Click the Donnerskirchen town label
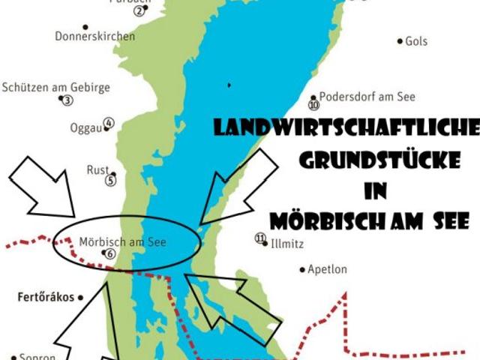tap(95, 36)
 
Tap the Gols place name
tap(416, 41)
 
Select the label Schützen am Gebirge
tap(56, 87)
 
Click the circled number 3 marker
tap(67, 100)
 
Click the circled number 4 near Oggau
tap(109, 123)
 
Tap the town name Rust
tap(97, 169)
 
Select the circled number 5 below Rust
tap(111, 180)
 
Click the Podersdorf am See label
tap(367, 97)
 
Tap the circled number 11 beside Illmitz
tap(260, 238)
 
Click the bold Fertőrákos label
tap(45, 297)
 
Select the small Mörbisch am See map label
tap(122, 242)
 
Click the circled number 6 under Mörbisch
tap(110, 253)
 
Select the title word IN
tap(375, 191)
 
